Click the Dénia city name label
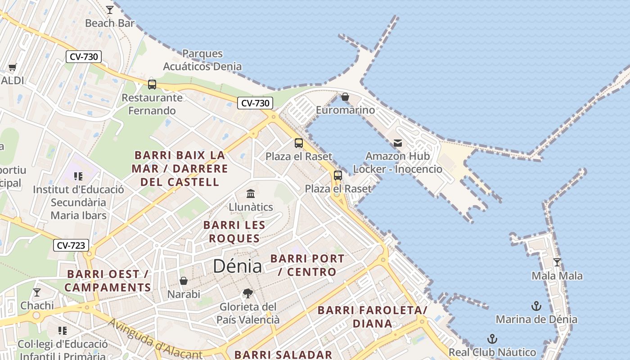click(x=237, y=266)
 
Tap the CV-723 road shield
click(x=71, y=245)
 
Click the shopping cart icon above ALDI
click(x=12, y=67)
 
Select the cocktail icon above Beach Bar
click(x=110, y=9)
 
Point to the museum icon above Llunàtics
click(x=251, y=193)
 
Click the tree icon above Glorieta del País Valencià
click(x=247, y=293)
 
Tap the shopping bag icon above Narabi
click(x=184, y=281)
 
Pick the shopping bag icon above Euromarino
click(x=345, y=97)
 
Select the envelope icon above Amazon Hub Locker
click(x=398, y=143)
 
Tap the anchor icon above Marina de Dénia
click(x=536, y=306)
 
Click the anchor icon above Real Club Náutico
click(x=492, y=339)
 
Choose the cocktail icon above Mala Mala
click(x=557, y=262)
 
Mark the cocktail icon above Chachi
click(x=37, y=292)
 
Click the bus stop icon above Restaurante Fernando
click(x=152, y=84)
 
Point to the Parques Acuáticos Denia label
click(x=202, y=60)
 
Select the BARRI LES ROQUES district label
click(x=234, y=231)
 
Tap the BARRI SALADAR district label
click(x=283, y=354)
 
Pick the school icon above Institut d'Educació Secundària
click(x=78, y=176)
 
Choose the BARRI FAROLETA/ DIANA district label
click(x=372, y=316)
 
